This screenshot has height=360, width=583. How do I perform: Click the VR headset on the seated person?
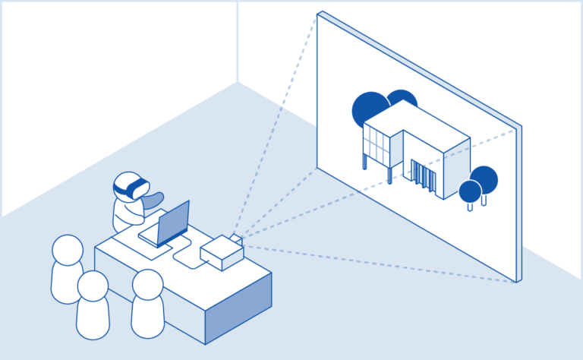click(131, 185)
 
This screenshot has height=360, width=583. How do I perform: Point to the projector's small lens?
click(237, 239)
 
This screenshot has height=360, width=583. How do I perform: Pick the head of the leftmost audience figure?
click(67, 251)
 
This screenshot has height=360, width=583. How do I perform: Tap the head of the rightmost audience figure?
click(147, 284)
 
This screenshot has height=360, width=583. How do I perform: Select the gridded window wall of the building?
click(377, 144)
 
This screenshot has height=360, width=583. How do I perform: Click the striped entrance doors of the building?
click(424, 177)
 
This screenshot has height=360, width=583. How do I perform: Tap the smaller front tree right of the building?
click(470, 191)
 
